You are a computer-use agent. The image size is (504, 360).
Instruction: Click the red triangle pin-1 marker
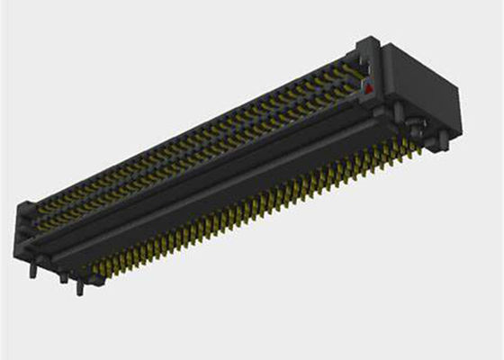(x=367, y=87)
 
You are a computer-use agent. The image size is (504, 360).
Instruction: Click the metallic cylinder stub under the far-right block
(x=438, y=136)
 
